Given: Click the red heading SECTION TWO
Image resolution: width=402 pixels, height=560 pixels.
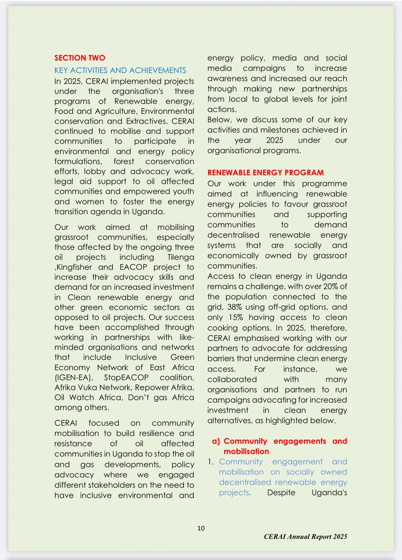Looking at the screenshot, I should [80, 58].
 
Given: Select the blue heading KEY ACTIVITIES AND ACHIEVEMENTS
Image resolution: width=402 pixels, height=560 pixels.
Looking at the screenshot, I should [120, 70].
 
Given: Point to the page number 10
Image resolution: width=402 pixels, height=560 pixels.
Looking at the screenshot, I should [201, 528].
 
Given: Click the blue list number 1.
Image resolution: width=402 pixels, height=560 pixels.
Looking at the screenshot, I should [211, 462].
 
